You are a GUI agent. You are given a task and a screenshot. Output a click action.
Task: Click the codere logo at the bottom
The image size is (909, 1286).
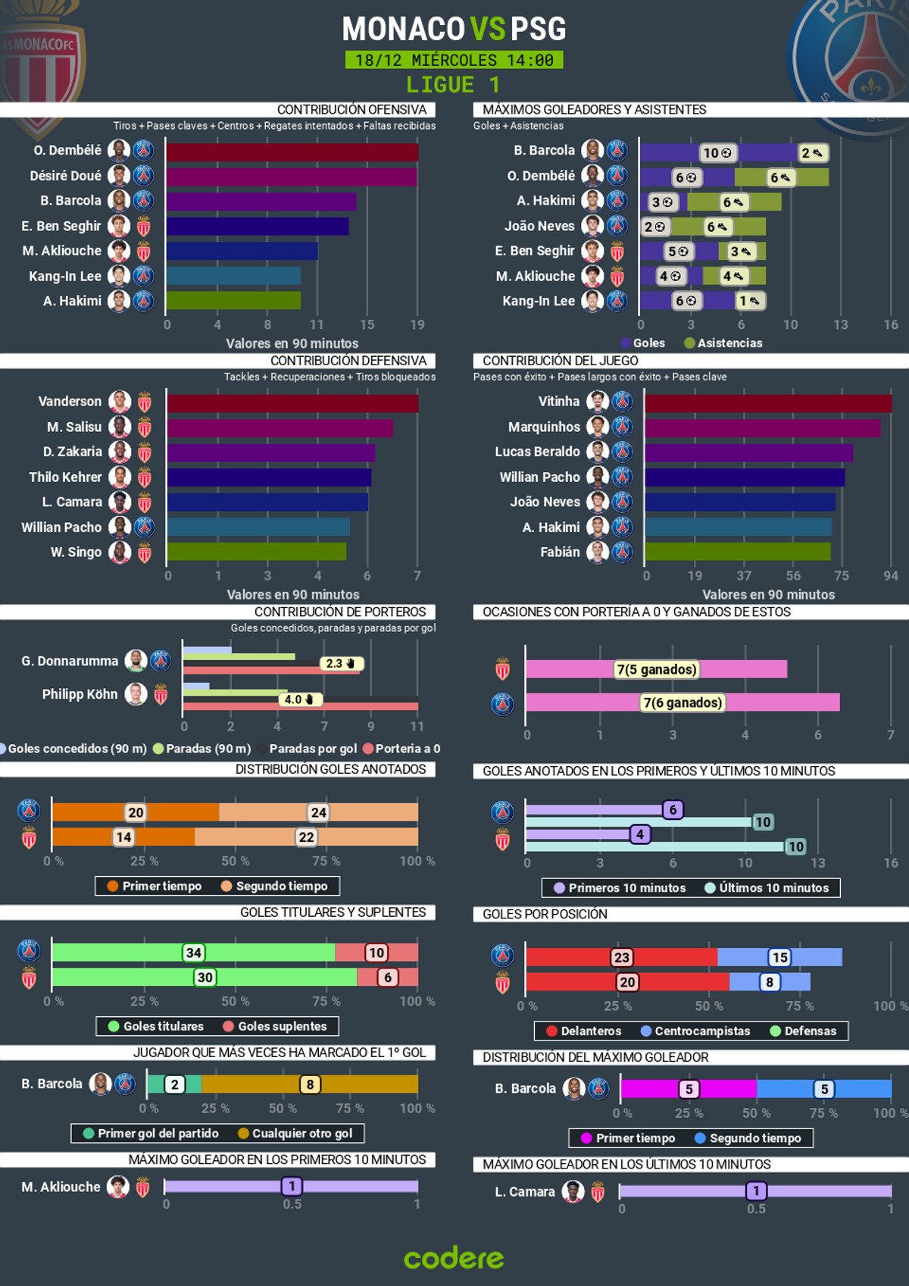(x=454, y=1258)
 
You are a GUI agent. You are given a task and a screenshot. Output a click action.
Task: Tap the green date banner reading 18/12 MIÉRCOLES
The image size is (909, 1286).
(x=454, y=60)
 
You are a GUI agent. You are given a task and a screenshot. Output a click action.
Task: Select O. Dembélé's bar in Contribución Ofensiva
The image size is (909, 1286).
(x=292, y=152)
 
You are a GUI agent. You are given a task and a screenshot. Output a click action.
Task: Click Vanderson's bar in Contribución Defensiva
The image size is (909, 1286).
(x=292, y=403)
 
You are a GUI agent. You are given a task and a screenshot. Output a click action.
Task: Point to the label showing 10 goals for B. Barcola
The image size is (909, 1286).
(x=717, y=153)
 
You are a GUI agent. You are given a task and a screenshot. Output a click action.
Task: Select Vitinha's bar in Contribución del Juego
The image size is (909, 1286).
(x=767, y=403)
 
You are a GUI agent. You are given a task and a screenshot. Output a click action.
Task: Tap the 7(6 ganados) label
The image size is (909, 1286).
(x=683, y=702)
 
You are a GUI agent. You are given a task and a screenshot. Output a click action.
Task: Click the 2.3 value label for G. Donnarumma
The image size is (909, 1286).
(x=341, y=664)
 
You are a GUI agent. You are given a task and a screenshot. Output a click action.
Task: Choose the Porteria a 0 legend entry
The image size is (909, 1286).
(x=401, y=749)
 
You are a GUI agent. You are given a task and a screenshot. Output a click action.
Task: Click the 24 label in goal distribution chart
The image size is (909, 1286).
(x=319, y=812)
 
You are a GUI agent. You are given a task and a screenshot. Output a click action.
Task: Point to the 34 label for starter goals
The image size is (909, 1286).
(x=193, y=953)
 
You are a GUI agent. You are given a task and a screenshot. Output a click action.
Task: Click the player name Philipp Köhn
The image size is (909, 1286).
(x=80, y=694)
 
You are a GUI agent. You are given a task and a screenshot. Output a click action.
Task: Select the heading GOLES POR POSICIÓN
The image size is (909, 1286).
(x=545, y=914)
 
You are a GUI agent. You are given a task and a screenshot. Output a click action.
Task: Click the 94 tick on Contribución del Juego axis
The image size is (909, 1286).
(x=891, y=576)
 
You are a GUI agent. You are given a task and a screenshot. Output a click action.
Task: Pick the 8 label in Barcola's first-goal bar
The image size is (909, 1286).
(x=310, y=1084)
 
